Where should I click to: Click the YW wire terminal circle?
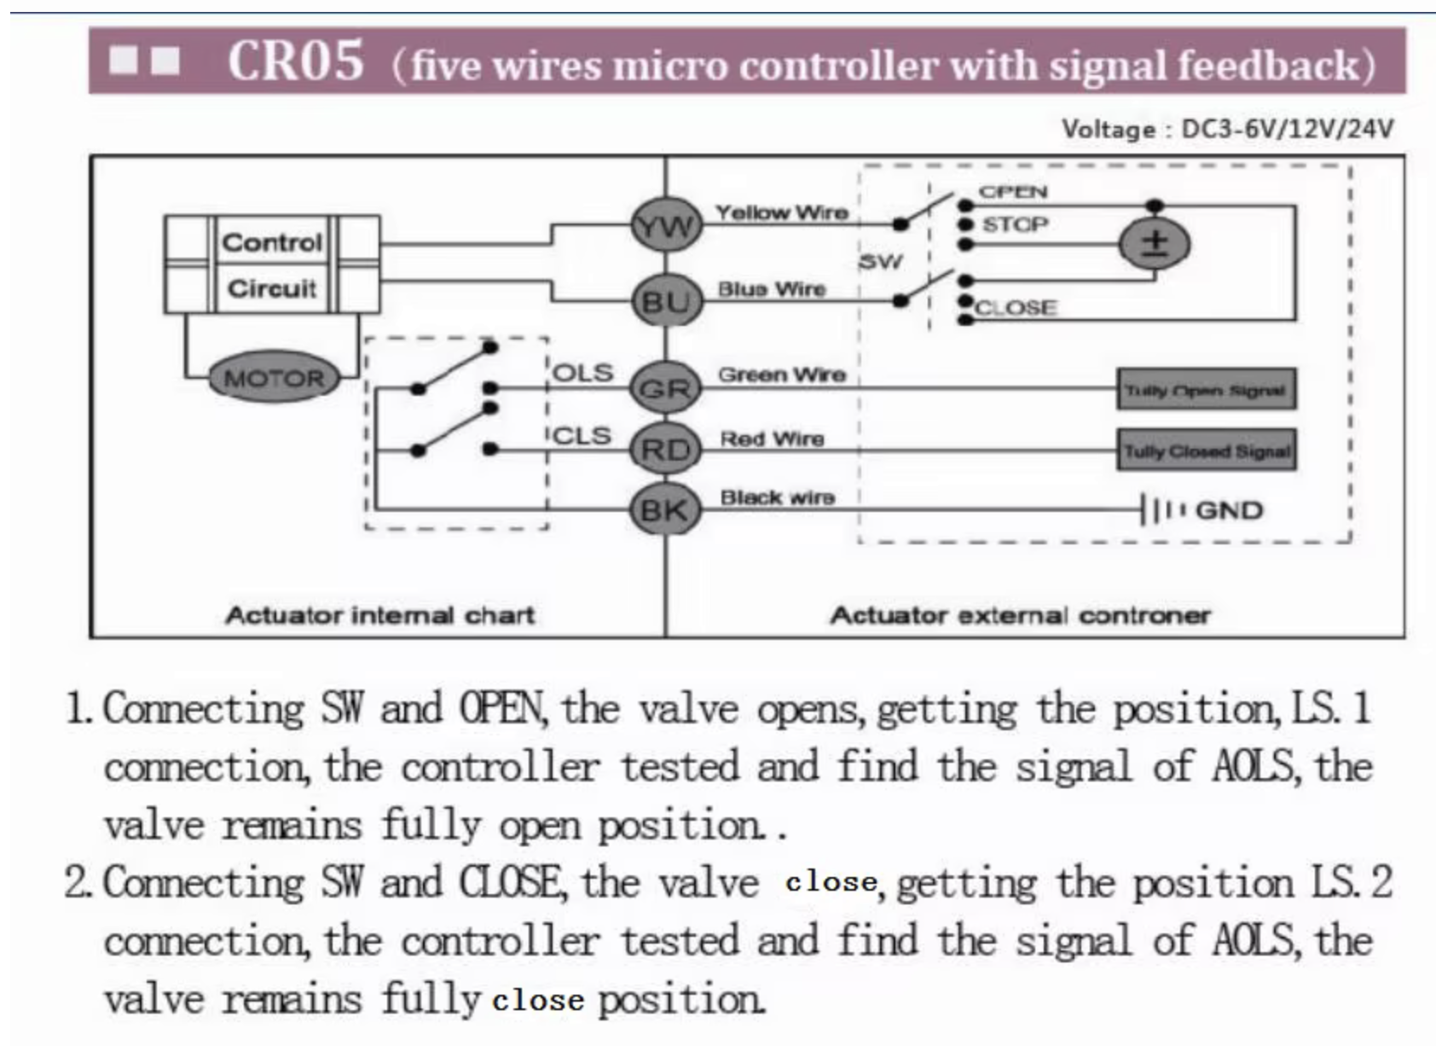tap(666, 226)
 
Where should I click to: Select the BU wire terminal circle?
tap(666, 301)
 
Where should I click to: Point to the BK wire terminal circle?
tap(665, 510)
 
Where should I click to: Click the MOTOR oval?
tap(274, 378)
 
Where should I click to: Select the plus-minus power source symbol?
tap(1154, 244)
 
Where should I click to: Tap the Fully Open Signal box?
tap(1206, 390)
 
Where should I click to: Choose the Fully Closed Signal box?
tap(1206, 450)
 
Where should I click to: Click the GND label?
tap(1228, 510)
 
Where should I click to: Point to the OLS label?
tap(583, 373)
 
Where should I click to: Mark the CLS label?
tap(583, 435)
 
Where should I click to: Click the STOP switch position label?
tap(1015, 224)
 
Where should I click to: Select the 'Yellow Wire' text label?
tap(781, 212)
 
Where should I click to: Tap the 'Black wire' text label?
tap(777, 497)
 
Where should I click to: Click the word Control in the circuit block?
tap(272, 242)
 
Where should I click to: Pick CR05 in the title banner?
tap(295, 61)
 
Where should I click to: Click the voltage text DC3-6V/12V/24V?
tap(1287, 129)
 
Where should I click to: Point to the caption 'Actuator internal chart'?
tap(379, 615)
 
